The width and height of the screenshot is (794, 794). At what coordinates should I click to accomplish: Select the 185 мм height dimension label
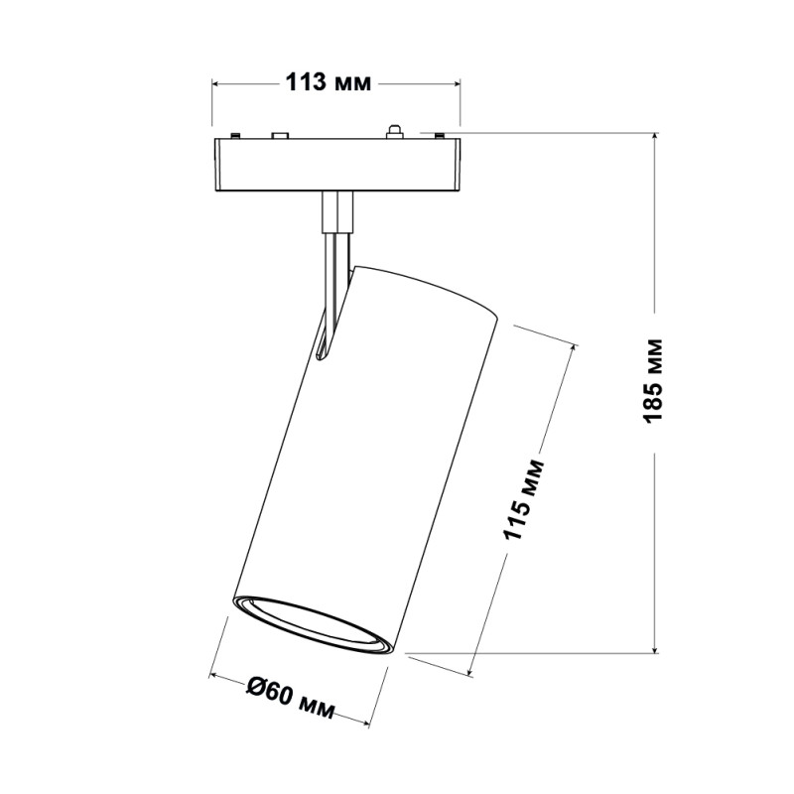pos(655,395)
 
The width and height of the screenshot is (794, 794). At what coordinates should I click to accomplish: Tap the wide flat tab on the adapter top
pos(280,135)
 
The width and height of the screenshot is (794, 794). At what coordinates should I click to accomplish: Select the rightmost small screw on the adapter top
pos(442,136)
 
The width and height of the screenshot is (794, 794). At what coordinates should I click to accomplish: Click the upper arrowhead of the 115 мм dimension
pos(573,345)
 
